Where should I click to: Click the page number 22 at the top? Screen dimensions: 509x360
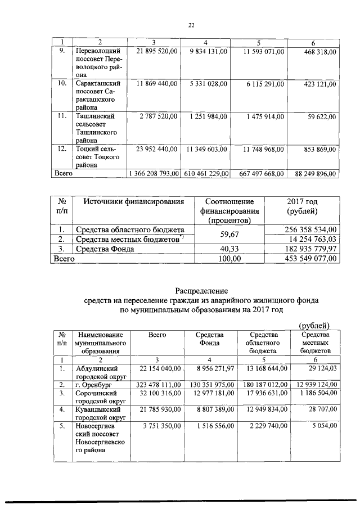191,25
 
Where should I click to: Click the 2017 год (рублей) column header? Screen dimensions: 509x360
303,206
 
